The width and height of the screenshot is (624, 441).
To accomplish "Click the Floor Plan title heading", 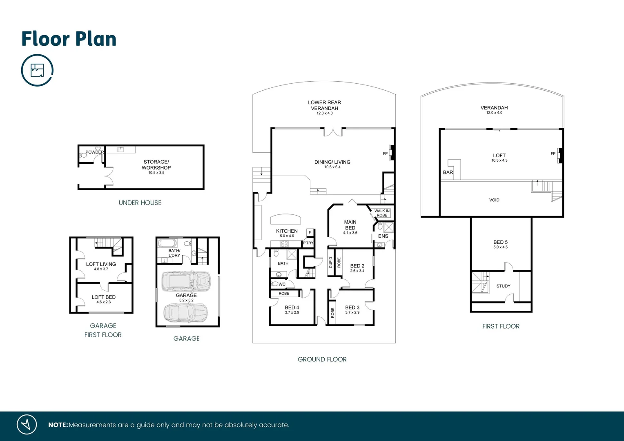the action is (x=69, y=39).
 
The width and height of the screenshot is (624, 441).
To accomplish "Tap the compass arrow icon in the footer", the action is (x=27, y=425).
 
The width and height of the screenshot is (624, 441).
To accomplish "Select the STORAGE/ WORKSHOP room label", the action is (x=156, y=165).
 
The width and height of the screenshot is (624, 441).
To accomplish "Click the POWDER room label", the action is (x=94, y=152).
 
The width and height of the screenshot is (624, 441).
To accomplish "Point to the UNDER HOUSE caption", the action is (x=140, y=203).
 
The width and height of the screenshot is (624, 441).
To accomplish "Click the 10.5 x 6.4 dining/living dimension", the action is (x=332, y=167).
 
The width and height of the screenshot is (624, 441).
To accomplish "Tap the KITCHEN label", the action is (x=287, y=231).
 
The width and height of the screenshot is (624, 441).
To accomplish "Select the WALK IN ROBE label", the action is (x=382, y=213).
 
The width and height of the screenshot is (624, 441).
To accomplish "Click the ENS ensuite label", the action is (x=383, y=236).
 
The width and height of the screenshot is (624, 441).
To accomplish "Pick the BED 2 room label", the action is (x=357, y=266).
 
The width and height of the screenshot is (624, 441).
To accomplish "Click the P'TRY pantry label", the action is (x=308, y=243).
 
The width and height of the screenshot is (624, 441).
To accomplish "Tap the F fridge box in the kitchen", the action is (x=310, y=232).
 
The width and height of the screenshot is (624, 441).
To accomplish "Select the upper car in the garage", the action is (x=186, y=281).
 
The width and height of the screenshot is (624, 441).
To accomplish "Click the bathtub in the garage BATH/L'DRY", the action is (x=167, y=243).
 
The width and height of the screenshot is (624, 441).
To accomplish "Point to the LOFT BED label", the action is (x=103, y=297).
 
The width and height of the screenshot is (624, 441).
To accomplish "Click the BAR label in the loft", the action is (x=448, y=172).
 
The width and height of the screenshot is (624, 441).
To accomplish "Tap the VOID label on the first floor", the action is (x=494, y=200).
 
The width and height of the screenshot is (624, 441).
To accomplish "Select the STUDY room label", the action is (x=504, y=286).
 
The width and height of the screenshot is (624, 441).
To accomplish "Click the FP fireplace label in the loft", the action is (x=553, y=154).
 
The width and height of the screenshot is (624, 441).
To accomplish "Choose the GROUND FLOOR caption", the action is (x=322, y=359).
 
